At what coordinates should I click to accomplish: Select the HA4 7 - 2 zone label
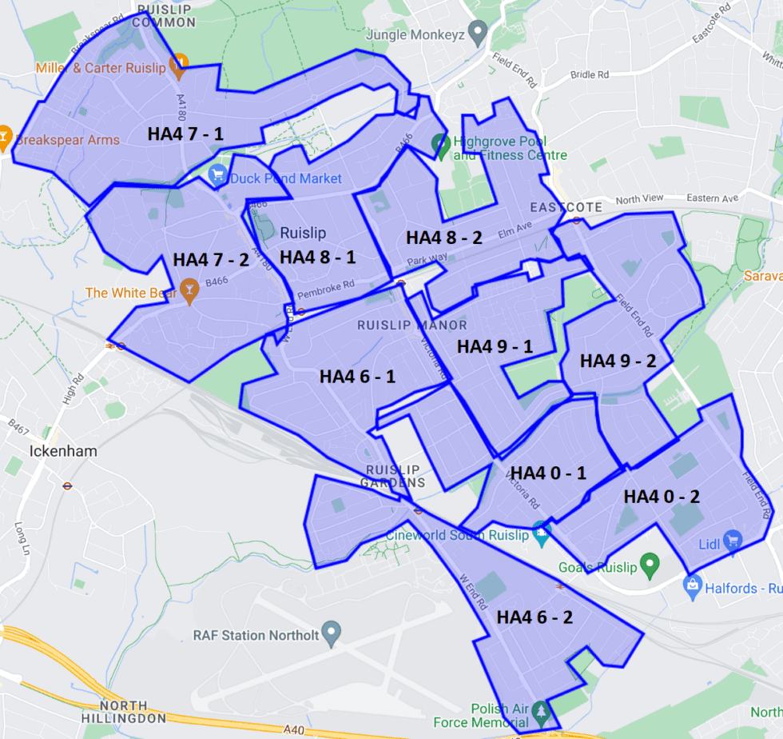212,260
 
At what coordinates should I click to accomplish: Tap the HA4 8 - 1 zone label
318,257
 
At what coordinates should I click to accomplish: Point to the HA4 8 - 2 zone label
444,238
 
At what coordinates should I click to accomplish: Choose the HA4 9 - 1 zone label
495,346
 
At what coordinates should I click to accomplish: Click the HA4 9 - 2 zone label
618,361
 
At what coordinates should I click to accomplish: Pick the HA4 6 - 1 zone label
358,377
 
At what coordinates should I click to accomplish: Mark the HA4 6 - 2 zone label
535,617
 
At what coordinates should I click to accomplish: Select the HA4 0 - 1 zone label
548,473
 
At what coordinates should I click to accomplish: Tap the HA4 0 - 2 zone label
662,497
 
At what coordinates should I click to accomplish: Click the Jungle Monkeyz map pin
478,34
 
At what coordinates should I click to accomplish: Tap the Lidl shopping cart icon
732,542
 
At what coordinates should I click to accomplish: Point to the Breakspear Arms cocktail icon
5,138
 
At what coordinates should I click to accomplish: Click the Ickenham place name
63,451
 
